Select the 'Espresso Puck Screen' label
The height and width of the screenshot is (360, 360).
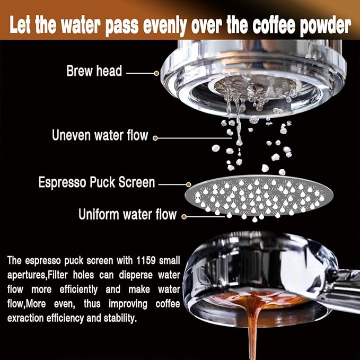point(96,183)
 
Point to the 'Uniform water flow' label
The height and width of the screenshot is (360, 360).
point(127,215)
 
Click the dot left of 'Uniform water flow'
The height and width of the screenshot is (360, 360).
point(184,215)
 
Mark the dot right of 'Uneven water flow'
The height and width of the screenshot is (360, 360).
point(155,138)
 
